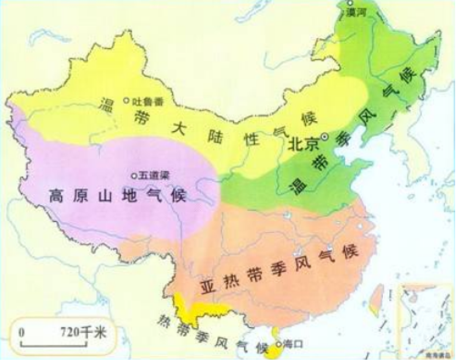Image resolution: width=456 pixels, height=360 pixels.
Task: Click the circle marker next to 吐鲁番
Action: point(126,100)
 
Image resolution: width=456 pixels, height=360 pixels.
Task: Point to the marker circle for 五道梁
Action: point(134,176)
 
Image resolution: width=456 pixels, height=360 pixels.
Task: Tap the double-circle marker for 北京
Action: point(324,136)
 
